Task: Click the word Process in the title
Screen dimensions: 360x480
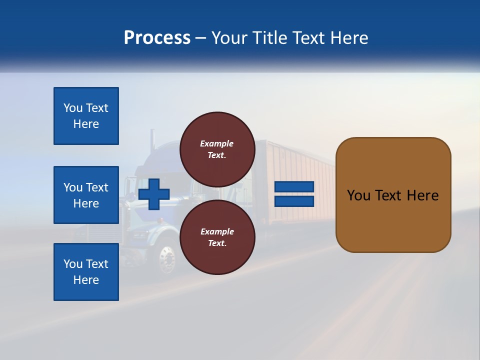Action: click(x=157, y=38)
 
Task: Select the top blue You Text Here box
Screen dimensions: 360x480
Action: click(x=86, y=116)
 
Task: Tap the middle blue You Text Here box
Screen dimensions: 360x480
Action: click(x=86, y=195)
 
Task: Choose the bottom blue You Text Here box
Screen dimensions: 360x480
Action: click(x=86, y=272)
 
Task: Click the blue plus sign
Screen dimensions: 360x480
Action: click(x=154, y=194)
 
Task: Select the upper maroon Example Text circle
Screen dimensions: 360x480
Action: click(x=217, y=149)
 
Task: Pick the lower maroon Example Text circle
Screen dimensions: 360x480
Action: click(x=217, y=237)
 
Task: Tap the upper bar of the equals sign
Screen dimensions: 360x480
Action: click(x=294, y=187)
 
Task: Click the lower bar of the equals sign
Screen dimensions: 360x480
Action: click(x=294, y=201)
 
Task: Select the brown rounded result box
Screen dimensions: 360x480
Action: click(x=393, y=195)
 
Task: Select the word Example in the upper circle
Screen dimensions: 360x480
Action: click(x=217, y=143)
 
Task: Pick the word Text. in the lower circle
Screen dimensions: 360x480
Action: click(x=217, y=243)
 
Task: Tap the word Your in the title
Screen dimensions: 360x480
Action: click(x=231, y=38)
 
